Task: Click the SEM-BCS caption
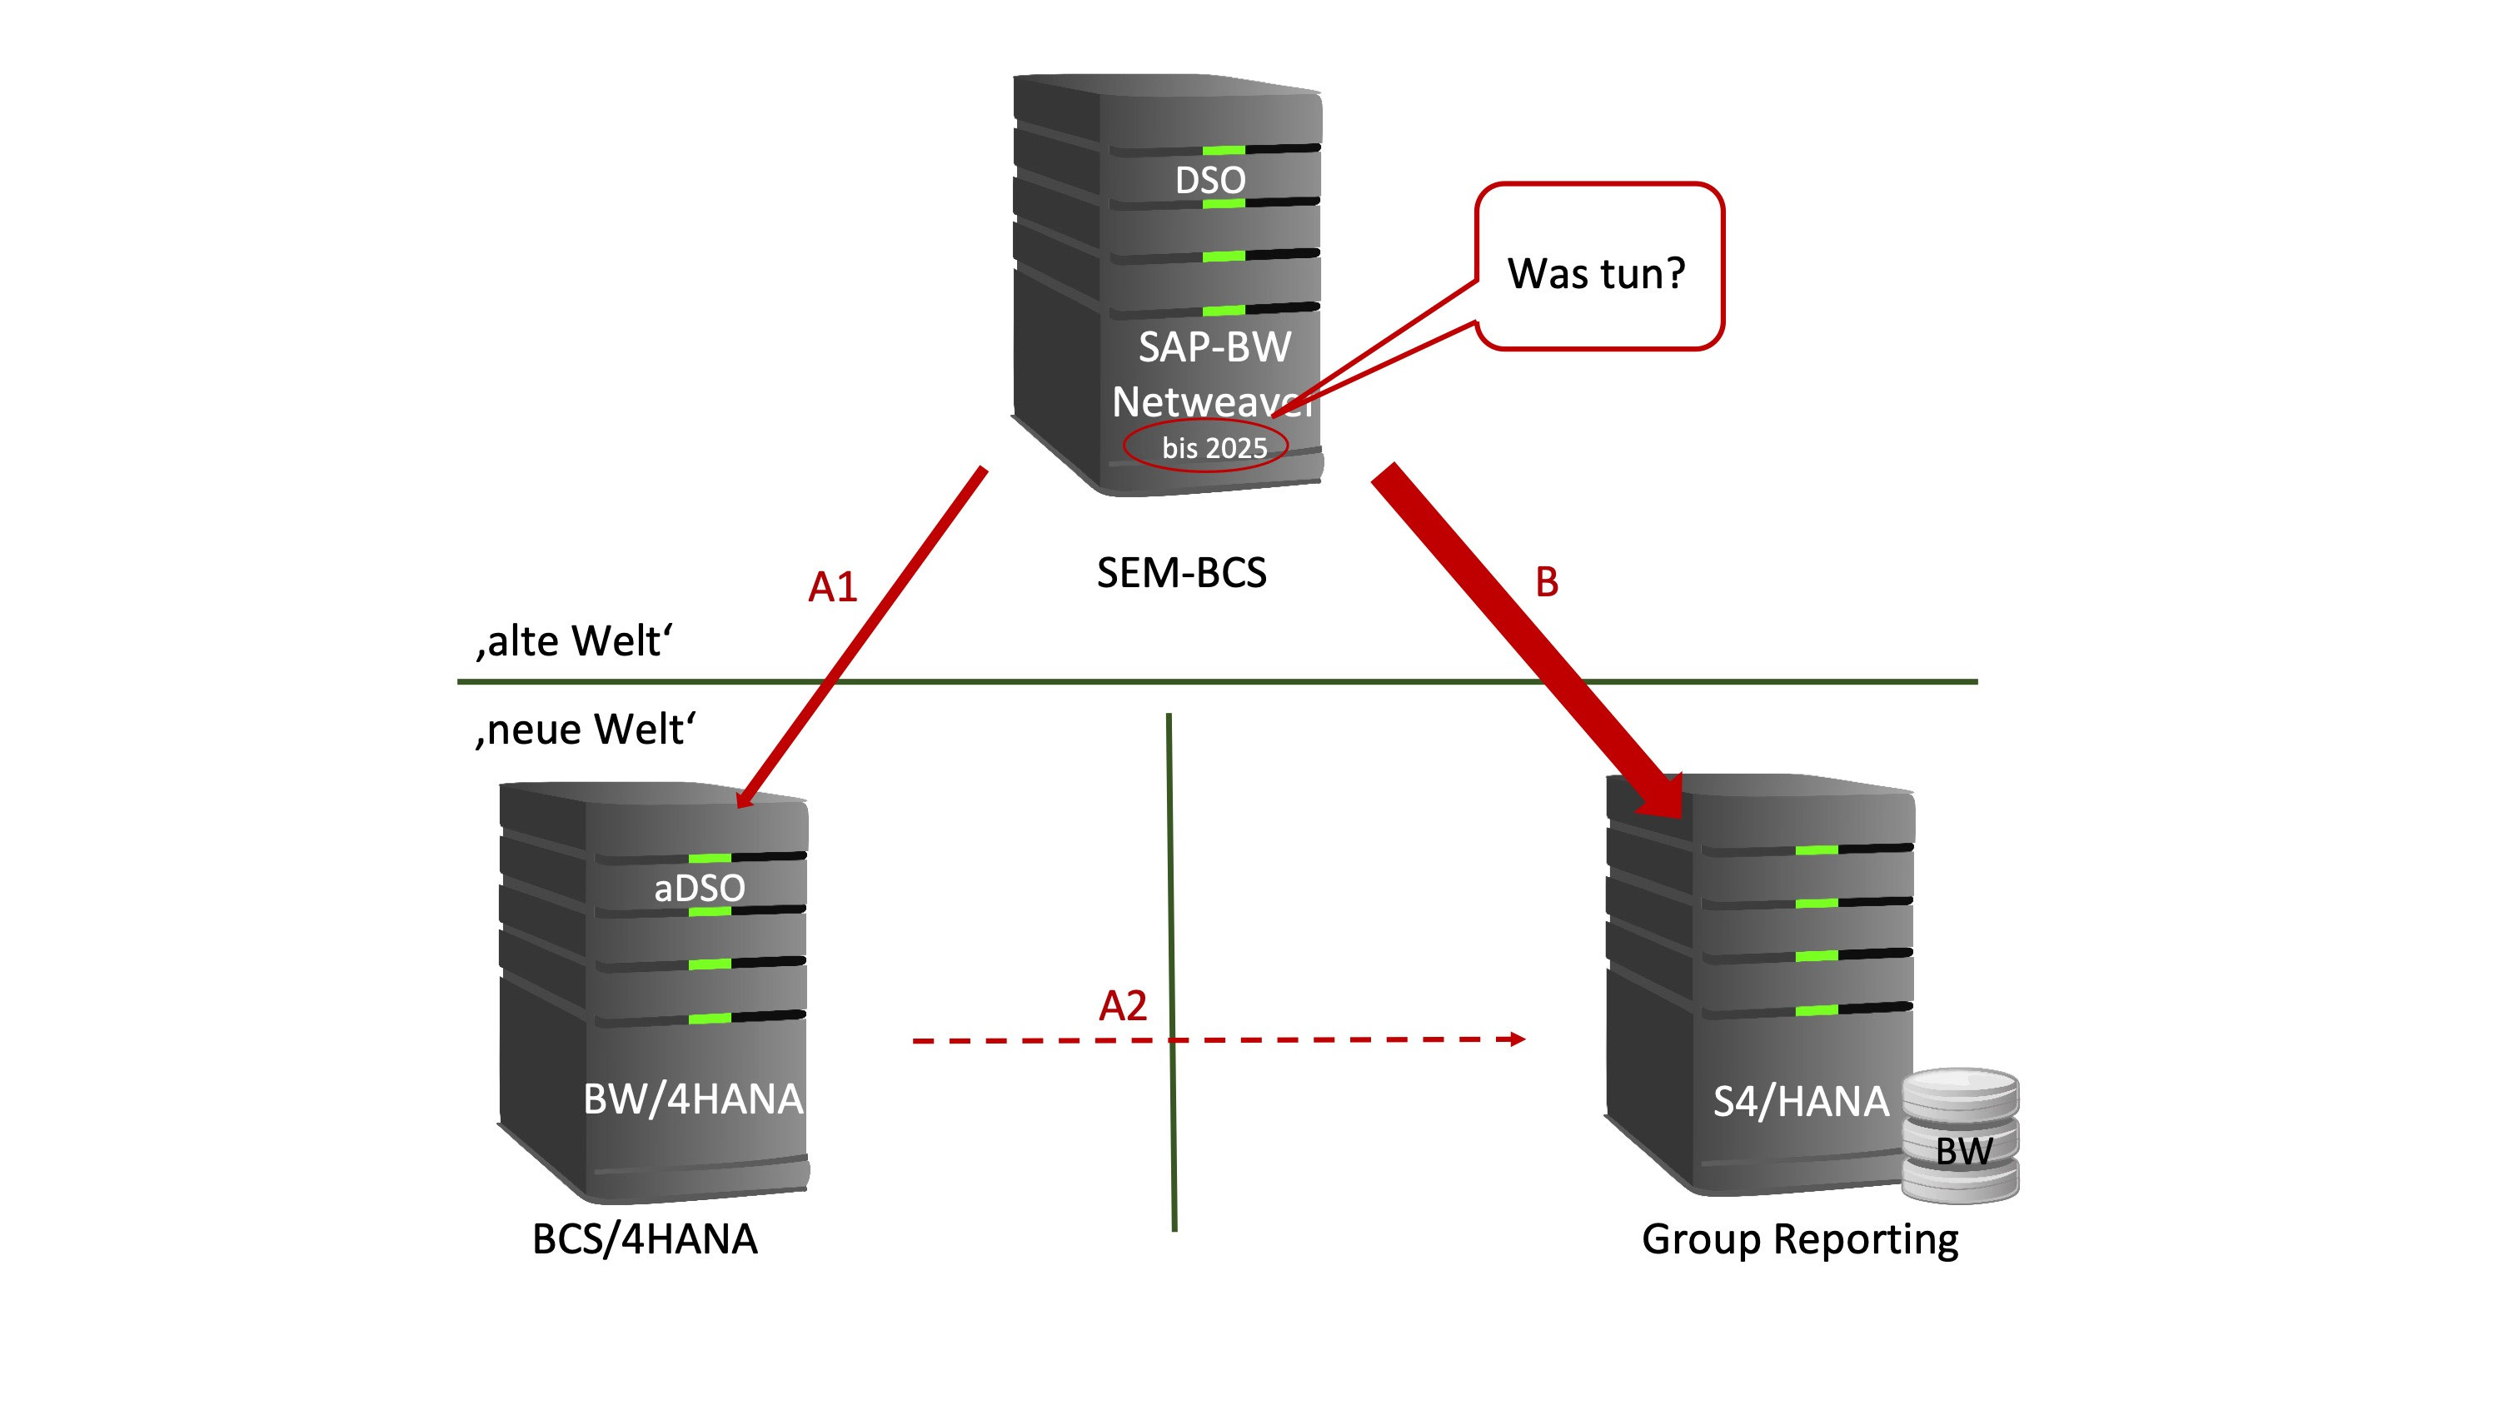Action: (1181, 573)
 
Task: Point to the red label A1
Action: (832, 586)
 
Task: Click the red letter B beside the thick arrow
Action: (1547, 582)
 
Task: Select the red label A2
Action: (1122, 1005)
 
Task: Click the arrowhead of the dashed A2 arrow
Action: (1516, 1039)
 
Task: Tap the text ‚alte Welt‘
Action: (574, 641)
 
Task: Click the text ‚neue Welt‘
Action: (585, 730)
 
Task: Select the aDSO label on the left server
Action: (699, 887)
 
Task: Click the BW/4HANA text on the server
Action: (692, 1099)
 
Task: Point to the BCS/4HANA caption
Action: (645, 1239)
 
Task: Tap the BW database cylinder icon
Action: (1961, 1137)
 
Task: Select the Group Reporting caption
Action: (1800, 1239)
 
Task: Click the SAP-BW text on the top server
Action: (1214, 347)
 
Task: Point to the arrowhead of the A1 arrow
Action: (745, 797)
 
